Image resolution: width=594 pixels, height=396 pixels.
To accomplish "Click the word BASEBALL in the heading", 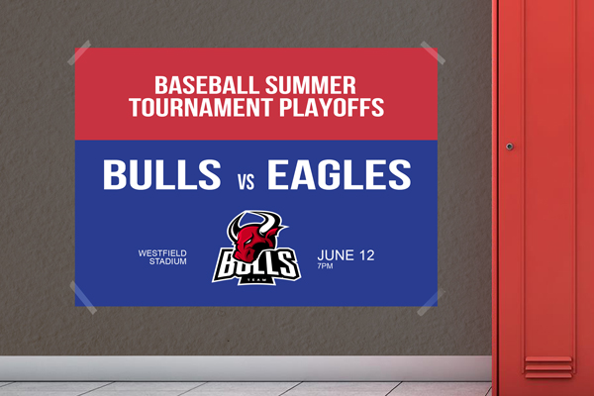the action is coord(207,85).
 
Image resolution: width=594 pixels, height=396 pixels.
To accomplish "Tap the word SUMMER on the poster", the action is coord(311,85).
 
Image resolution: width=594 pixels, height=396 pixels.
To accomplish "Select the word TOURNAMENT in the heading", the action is coord(201,107).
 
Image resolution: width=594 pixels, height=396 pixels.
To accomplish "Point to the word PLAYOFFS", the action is coord(332,107).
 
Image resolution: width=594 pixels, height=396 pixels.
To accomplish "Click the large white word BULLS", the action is coord(161,174).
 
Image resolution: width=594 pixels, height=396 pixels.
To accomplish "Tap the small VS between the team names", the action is coord(247,181).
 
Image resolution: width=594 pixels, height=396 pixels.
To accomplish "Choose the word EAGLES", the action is coord(339,174).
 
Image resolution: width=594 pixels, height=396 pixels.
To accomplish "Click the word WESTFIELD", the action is coord(162,252).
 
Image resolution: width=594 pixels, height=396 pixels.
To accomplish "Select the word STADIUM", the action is coord(168,261).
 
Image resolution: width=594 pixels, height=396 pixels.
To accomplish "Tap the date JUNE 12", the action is coord(346,255).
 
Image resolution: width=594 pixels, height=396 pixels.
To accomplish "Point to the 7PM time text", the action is coord(325,266).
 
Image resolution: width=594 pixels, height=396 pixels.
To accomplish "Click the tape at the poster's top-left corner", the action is coord(79,52).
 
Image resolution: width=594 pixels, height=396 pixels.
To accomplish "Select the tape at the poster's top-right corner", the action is coord(433,52).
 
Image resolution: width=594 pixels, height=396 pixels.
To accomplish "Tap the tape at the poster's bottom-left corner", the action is coord(83,297).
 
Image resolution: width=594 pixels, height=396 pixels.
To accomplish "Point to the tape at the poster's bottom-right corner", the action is coord(431,302).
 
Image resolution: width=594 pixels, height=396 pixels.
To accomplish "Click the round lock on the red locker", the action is coord(510,147).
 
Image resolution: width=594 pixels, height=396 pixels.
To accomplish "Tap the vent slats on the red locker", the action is coord(548,367).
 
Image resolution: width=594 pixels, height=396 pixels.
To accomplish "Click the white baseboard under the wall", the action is coord(246,368).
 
